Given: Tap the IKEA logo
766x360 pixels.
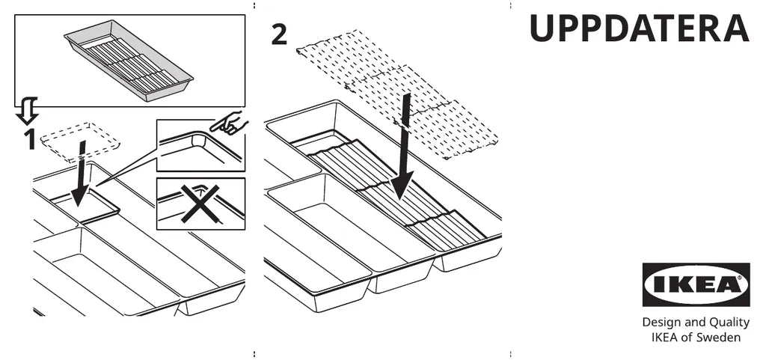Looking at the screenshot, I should (696, 284).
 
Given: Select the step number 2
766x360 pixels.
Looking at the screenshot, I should (278, 34).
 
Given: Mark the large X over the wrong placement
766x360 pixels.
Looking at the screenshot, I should (199, 203).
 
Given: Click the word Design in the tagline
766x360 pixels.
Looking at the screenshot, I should (661, 323).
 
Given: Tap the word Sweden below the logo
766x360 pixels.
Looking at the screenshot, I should (720, 338).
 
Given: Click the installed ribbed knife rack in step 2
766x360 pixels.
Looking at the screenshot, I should (396, 191).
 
